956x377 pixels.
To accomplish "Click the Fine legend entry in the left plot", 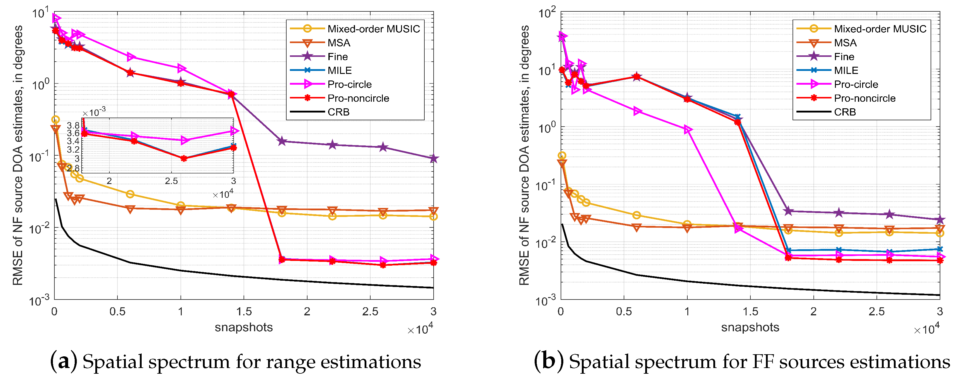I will click(337, 57).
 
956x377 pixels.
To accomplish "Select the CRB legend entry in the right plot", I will click(845, 112).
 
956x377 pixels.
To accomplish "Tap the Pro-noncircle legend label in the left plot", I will click(358, 98).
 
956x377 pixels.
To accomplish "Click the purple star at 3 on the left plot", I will click(433, 159).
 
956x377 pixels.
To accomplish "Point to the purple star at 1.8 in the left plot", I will click(282, 141).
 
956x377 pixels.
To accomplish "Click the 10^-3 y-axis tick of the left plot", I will click(40, 300).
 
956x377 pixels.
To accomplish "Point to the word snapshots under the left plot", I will click(244, 327).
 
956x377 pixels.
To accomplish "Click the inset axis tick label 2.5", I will click(171, 181).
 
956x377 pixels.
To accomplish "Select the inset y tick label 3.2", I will click(73, 150).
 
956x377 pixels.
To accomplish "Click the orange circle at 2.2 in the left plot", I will click(332, 216).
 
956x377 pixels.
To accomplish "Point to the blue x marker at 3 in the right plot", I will click(940, 249).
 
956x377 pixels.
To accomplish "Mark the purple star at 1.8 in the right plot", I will click(788, 211).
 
